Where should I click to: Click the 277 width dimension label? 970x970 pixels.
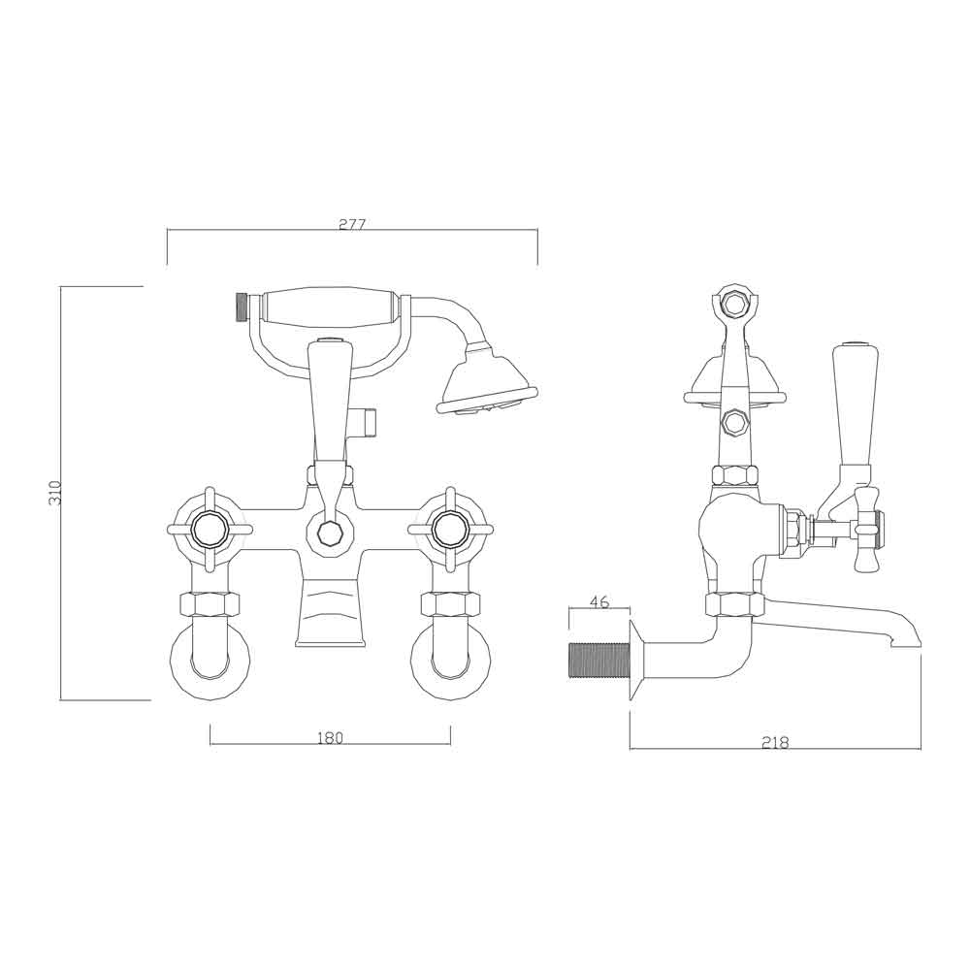click(352, 224)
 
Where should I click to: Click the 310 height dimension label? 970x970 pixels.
click(55, 492)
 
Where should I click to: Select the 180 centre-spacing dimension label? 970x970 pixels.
click(330, 738)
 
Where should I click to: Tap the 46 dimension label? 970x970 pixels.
click(599, 602)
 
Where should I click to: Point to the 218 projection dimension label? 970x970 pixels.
click(775, 743)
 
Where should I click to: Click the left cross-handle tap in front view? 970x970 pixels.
click(210, 530)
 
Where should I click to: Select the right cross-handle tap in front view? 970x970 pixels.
click(449, 530)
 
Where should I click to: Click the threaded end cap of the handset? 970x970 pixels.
click(242, 307)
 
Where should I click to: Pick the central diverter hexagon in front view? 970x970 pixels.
click(330, 533)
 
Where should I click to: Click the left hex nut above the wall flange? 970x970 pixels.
click(210, 604)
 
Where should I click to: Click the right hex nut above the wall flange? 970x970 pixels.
click(449, 604)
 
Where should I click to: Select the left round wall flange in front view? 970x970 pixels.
click(210, 664)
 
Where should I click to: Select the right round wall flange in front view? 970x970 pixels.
click(449, 664)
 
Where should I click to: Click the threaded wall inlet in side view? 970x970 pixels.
click(598, 660)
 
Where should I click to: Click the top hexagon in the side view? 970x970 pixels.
click(735, 303)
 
